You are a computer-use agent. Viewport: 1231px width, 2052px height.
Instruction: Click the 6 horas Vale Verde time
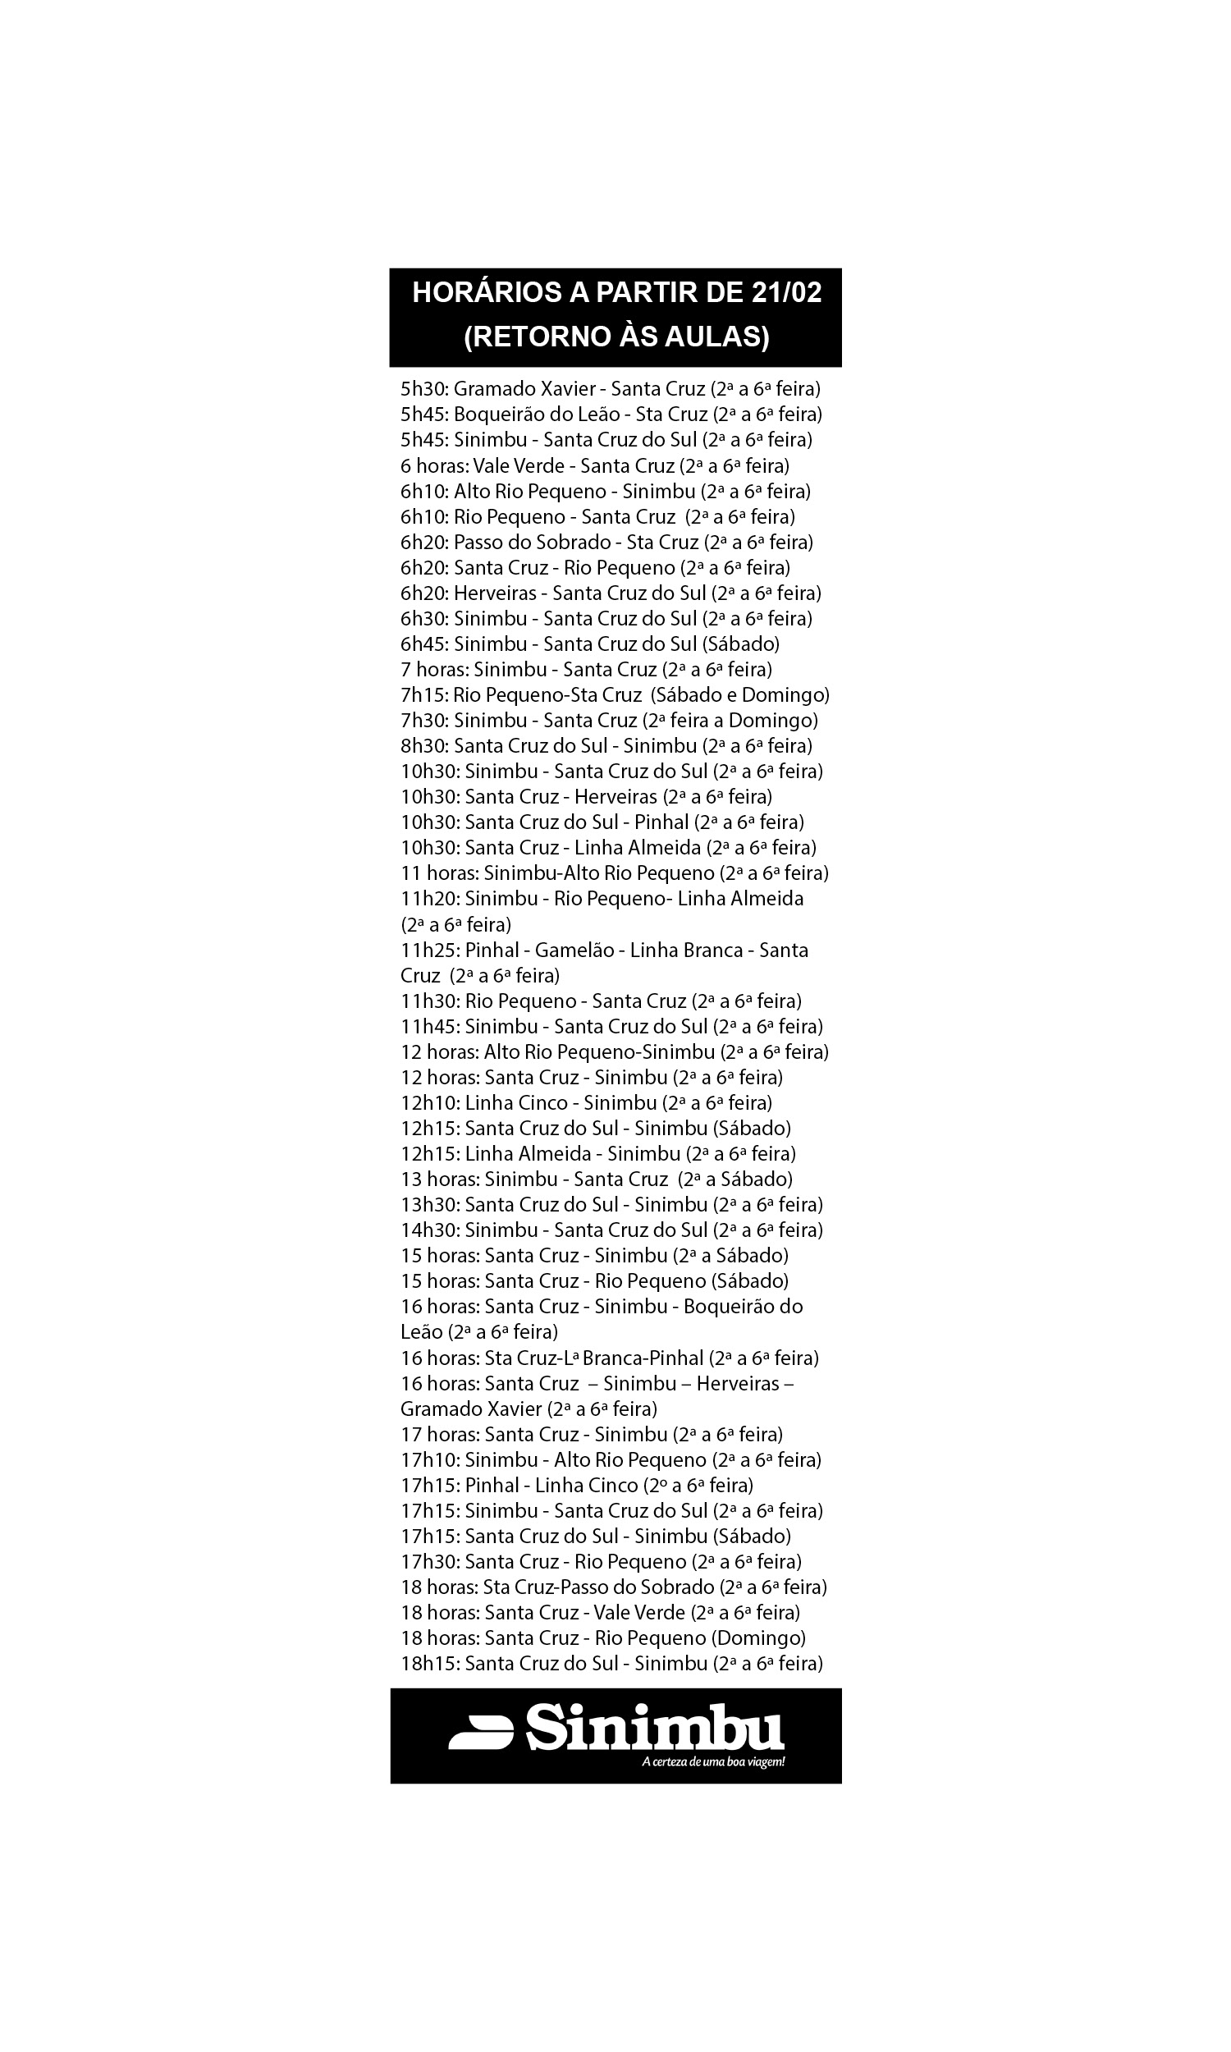pyautogui.click(x=434, y=465)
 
